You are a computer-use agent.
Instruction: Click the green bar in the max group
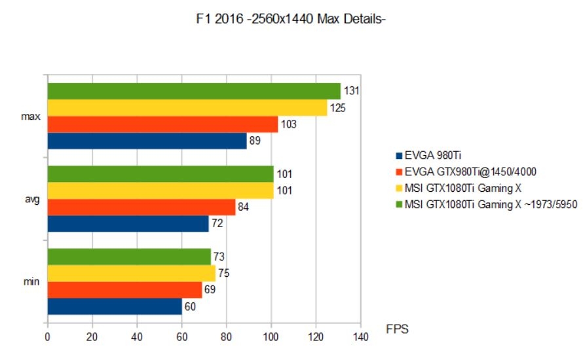194,91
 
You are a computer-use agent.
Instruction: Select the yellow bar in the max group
187,107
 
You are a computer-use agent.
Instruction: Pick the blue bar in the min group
114,306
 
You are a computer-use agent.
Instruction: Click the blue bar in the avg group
128,225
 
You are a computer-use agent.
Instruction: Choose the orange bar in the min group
124,290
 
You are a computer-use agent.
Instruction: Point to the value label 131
351,91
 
